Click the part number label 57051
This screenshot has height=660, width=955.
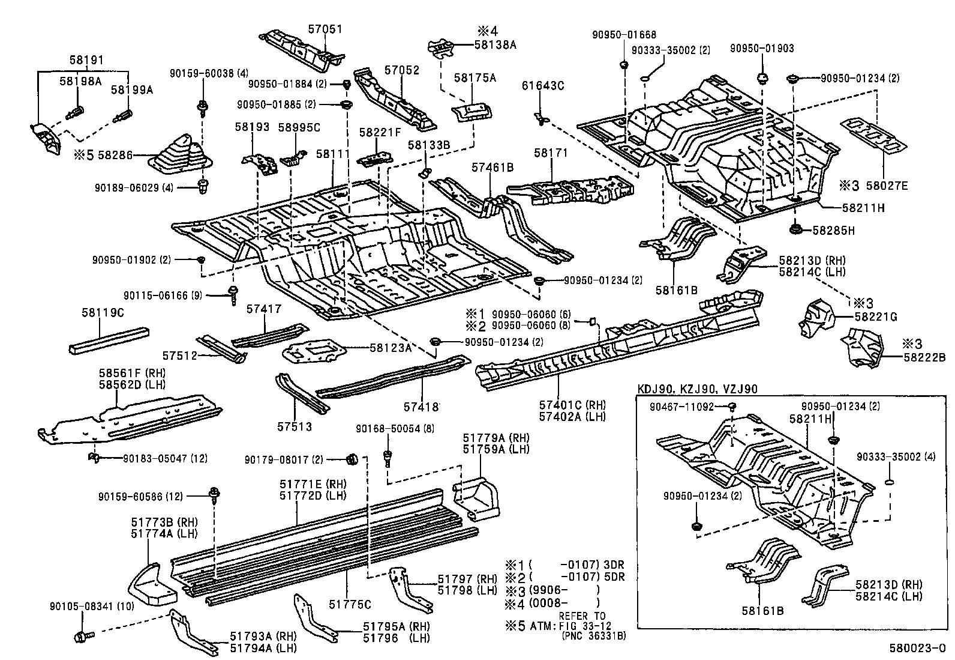tap(326, 29)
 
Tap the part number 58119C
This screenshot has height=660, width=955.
tap(103, 313)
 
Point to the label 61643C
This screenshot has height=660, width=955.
tap(543, 86)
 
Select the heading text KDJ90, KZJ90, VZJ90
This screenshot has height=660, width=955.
tap(697, 389)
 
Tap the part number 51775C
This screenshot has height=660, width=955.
tap(351, 604)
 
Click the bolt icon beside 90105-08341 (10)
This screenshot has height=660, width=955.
tap(82, 635)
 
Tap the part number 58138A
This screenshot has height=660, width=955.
tap(495, 44)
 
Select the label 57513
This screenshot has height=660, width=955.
tap(295, 426)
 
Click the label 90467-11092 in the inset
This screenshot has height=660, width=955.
tap(681, 407)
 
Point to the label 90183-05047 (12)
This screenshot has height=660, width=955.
tap(165, 458)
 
